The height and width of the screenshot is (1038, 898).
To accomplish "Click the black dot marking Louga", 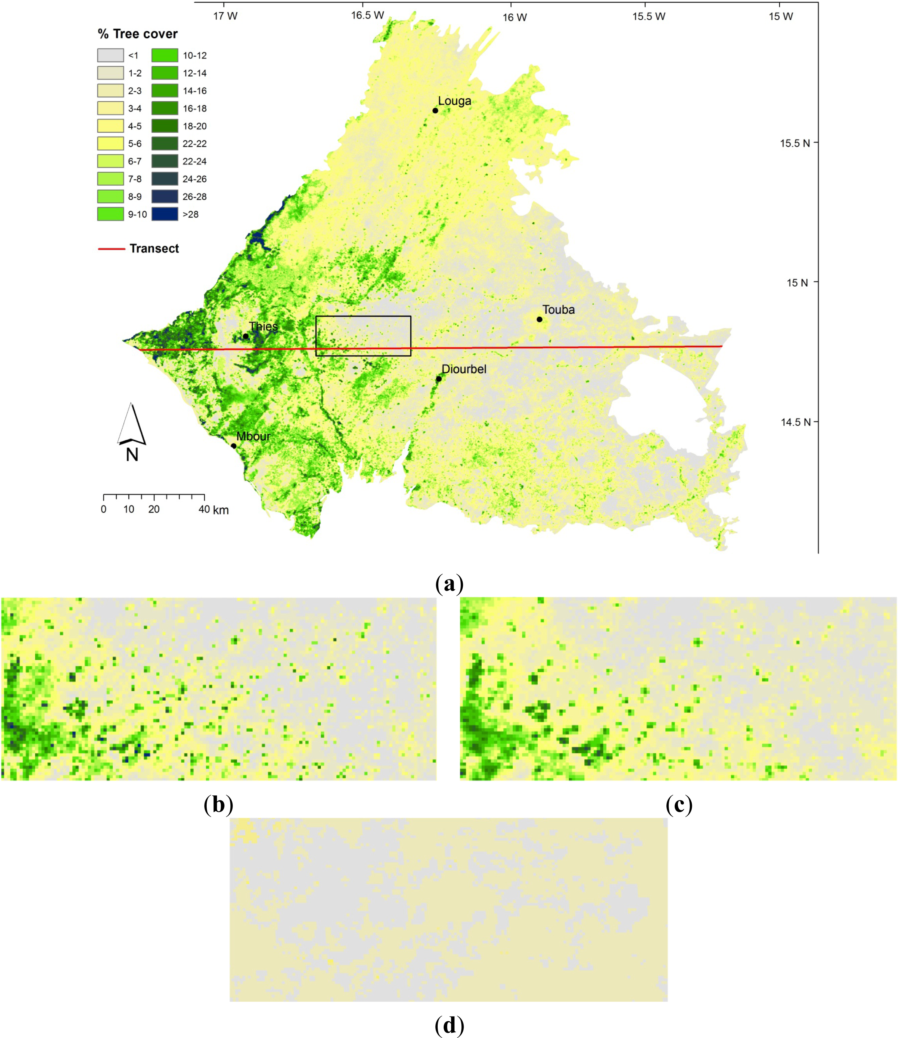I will [x=435, y=111].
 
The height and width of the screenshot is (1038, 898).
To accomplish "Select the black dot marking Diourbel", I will [x=439, y=379].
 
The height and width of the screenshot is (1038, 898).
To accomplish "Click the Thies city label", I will [x=263, y=327].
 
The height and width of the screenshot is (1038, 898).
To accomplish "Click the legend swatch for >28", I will [x=165, y=214].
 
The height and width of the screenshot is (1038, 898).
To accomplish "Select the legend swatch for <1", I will [x=110, y=55].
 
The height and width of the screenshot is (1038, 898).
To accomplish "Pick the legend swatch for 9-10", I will [x=110, y=214].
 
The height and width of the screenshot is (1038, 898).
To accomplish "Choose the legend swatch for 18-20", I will [x=165, y=126].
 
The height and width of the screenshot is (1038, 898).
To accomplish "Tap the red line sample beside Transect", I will [x=111, y=249].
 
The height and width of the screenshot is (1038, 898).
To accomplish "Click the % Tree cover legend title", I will [x=137, y=34].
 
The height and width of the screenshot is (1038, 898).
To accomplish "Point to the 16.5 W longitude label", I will [x=367, y=15].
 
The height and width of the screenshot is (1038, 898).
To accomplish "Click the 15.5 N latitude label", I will [x=795, y=143].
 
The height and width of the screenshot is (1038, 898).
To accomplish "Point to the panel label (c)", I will [x=679, y=805].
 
